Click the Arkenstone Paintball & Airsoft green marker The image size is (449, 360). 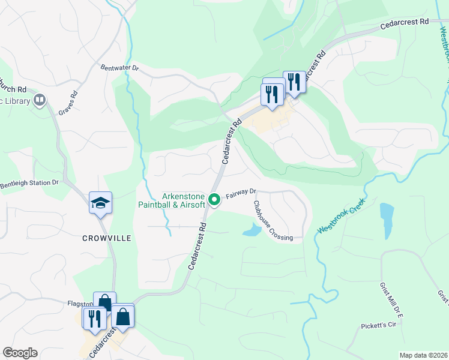click(213, 197)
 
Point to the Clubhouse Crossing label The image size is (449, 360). click(271, 221)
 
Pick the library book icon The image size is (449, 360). click(40, 100)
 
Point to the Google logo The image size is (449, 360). click(20, 353)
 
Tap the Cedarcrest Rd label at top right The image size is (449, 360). click(405, 23)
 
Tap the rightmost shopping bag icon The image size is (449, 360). click(122, 317)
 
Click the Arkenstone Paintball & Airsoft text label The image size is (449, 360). click(184, 200)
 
